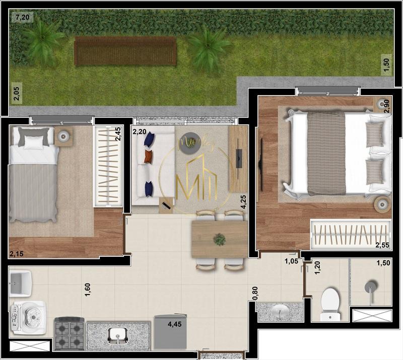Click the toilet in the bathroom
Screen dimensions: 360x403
[330, 301]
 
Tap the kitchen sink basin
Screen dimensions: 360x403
[117, 334]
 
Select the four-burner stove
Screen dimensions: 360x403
[69, 333]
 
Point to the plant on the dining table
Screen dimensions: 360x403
[219, 240]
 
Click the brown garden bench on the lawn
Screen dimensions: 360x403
[125, 51]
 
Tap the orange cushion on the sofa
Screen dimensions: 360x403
[148, 157]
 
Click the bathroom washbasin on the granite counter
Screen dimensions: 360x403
[280, 312]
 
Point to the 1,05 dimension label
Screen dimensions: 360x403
[291, 261]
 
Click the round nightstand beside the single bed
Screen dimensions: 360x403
[64, 136]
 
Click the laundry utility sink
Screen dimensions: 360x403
[19, 283]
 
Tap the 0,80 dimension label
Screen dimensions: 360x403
[255, 294]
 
